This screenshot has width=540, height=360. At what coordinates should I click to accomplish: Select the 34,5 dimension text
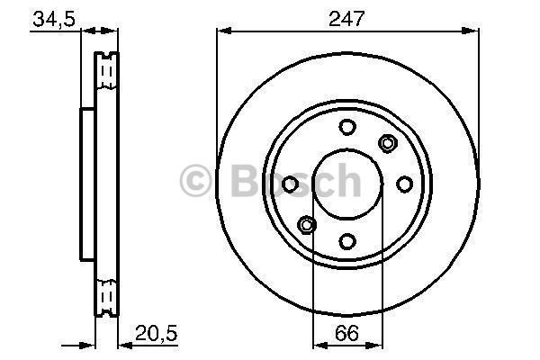pos(53,18)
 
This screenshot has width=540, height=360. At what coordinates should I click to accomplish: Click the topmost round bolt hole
pos(346,128)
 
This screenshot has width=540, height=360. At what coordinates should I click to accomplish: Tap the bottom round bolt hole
pos(346,240)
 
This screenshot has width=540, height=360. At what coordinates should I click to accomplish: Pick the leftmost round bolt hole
pos(290,184)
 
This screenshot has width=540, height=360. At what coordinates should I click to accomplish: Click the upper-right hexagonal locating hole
pos(388,142)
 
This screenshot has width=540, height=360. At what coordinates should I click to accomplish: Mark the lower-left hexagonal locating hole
pos(306,224)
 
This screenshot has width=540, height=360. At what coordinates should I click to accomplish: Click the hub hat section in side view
pos(87,184)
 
